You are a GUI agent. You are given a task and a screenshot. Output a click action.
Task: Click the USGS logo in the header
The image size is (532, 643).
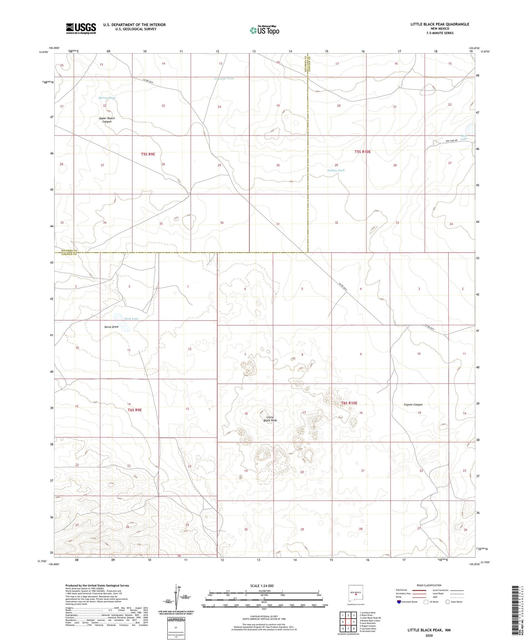coord(81,28)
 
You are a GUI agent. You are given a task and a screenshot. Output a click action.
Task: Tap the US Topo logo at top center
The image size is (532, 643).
coord(264,31)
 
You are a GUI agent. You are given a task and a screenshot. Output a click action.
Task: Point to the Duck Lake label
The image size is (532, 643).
coord(131,318)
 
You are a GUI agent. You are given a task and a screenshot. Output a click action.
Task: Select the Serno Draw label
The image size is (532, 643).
coord(111,327)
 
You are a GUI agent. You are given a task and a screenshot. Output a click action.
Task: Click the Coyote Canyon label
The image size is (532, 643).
coord(413,404)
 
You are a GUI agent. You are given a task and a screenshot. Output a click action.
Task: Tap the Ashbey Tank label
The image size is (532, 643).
coord(336,170)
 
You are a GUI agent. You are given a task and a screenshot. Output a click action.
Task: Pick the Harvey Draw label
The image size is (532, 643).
coord(107,98)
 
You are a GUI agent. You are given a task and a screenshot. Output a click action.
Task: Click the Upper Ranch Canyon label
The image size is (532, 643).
coord(107,120)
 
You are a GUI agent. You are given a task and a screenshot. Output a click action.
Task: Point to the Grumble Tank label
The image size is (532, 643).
coord(224,78)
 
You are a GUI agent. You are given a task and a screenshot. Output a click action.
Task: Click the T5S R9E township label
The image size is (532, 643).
coord(148,154)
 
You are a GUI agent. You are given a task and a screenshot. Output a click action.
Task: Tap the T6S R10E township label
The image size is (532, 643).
coord(349,403)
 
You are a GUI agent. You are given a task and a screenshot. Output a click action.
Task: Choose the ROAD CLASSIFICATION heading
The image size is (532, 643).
coord(429,585)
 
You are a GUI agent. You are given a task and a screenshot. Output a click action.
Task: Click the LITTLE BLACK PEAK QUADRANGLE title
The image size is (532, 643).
coord(440,24)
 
